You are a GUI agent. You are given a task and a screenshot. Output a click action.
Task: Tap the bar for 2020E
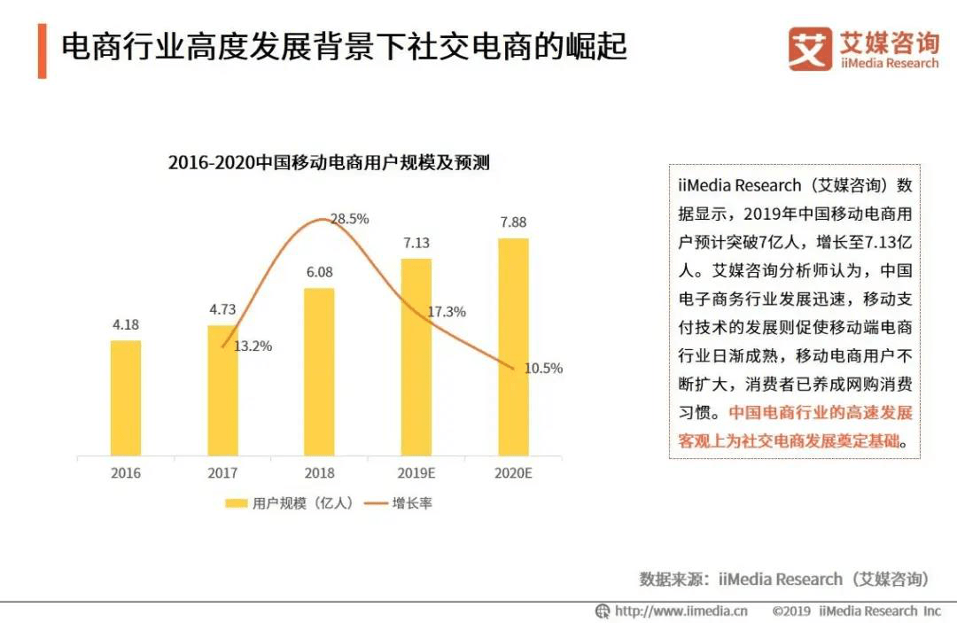click(513, 347)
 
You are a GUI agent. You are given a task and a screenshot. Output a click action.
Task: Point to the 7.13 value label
click(416, 243)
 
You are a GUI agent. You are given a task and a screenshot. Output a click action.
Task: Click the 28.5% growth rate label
click(349, 219)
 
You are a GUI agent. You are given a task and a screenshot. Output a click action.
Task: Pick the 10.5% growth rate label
click(543, 369)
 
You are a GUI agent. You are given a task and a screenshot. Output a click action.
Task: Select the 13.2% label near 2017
click(253, 347)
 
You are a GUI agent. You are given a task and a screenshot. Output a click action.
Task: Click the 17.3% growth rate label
click(447, 312)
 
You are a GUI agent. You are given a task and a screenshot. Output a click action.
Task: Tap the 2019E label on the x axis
click(416, 473)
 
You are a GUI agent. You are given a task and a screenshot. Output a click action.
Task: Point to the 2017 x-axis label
click(222, 473)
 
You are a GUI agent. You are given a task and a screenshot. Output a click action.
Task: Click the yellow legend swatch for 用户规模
click(236, 503)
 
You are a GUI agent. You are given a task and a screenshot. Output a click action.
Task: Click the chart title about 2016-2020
click(329, 163)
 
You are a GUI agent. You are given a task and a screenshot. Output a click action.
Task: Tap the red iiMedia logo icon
click(810, 49)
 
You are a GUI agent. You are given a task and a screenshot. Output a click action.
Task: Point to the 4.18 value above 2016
click(126, 324)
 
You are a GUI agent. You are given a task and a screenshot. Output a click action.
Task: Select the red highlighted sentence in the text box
click(795, 427)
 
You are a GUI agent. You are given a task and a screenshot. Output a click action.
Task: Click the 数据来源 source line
click(784, 579)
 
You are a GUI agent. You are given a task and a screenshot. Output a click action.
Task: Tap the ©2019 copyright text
click(856, 611)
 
